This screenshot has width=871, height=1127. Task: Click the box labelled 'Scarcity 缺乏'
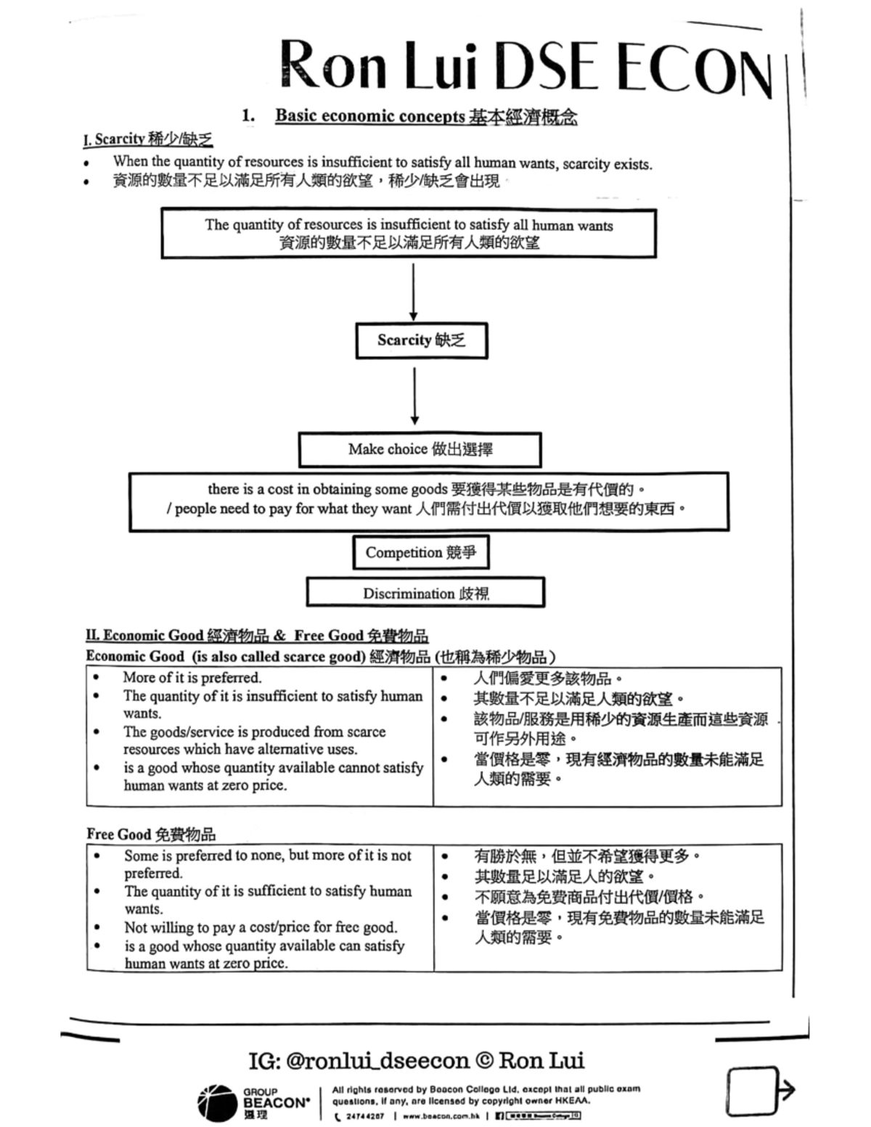421,340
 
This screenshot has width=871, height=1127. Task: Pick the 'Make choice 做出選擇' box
420,449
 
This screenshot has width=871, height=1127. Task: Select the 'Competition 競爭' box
420,552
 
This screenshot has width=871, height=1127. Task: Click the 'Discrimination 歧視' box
425,593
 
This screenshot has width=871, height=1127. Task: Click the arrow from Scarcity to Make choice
414,396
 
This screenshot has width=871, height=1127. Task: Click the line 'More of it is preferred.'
192,678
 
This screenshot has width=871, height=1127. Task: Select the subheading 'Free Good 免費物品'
151,834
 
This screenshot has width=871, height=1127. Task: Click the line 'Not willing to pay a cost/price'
261,927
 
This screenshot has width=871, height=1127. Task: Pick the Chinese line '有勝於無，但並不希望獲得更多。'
588,856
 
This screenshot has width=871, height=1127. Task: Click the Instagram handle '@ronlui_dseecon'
377,1061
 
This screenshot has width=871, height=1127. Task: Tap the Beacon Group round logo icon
216,1102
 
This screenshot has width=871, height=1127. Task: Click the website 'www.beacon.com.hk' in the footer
441,1116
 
